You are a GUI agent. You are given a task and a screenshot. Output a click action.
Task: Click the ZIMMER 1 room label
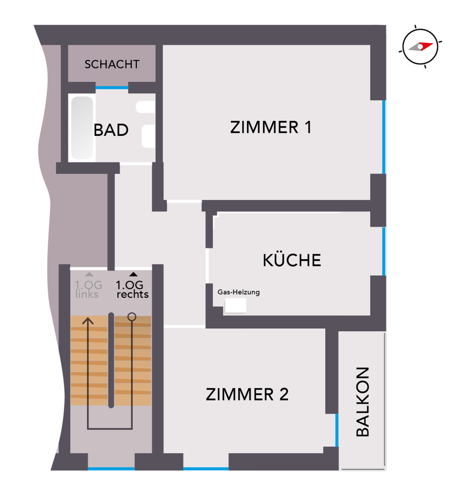pos(271,127)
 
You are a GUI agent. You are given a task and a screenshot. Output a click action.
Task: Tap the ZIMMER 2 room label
pos(247,395)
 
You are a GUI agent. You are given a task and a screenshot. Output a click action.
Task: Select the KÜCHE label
pos(292,260)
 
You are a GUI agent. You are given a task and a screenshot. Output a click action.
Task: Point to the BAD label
pos(111,130)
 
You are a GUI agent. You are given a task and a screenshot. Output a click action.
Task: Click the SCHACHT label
pos(112,64)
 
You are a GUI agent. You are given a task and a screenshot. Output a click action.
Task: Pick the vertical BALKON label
pos(363,402)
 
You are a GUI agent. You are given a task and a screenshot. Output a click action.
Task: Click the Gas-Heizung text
pos(239,292)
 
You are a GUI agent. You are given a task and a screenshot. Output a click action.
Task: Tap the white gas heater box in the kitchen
pos(235,305)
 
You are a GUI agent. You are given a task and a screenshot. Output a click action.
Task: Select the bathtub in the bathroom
pos(82,128)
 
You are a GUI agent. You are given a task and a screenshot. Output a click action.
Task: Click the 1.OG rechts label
pos(132,290)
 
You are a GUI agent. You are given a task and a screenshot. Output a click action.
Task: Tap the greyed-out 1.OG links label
pos(89,290)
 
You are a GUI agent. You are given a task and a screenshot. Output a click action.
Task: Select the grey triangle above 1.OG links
pos(89,275)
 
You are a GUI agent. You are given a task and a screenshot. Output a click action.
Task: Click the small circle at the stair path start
pos(132,317)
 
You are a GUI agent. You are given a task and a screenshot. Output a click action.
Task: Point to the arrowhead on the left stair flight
pos(89,321)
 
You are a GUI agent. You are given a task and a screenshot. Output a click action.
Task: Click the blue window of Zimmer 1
pos(384,137)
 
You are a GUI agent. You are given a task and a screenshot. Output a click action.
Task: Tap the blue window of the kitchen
pos(384,252)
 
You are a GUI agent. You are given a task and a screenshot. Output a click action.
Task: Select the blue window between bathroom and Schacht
pos(112,88)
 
